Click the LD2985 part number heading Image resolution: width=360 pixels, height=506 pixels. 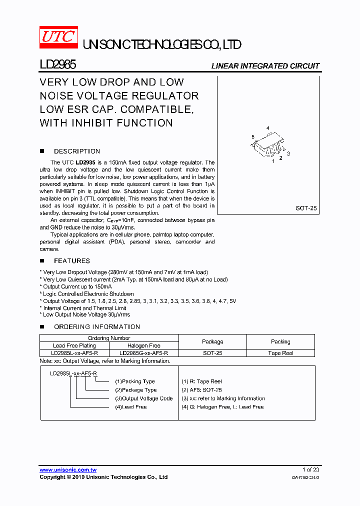(58, 65)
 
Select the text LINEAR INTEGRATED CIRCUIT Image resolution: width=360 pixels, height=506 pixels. (265, 66)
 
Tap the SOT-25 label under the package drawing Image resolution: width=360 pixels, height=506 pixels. (306, 208)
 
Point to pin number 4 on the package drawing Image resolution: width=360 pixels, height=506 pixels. (268, 129)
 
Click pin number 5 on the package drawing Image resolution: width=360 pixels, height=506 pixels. (253, 136)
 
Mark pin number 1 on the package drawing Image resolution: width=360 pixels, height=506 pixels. (273, 161)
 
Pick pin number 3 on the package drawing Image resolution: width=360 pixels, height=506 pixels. (288, 153)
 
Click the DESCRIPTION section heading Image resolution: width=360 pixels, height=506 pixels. (76, 151)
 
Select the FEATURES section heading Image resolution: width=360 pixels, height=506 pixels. (72, 260)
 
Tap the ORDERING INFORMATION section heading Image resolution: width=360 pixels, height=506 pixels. (96, 326)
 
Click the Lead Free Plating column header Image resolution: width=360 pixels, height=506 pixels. (74, 345)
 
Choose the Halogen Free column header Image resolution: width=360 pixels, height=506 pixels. (144, 345)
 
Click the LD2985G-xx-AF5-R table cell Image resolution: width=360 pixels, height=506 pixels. (144, 353)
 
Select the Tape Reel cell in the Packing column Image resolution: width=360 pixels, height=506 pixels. (280, 353)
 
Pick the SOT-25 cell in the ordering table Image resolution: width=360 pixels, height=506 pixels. (212, 353)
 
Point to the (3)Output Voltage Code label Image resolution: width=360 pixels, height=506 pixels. (144, 398)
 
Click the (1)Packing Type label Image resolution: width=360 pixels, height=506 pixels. (135, 381)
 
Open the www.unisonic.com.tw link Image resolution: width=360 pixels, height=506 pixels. (68, 470)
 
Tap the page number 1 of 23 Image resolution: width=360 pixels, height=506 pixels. (310, 469)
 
